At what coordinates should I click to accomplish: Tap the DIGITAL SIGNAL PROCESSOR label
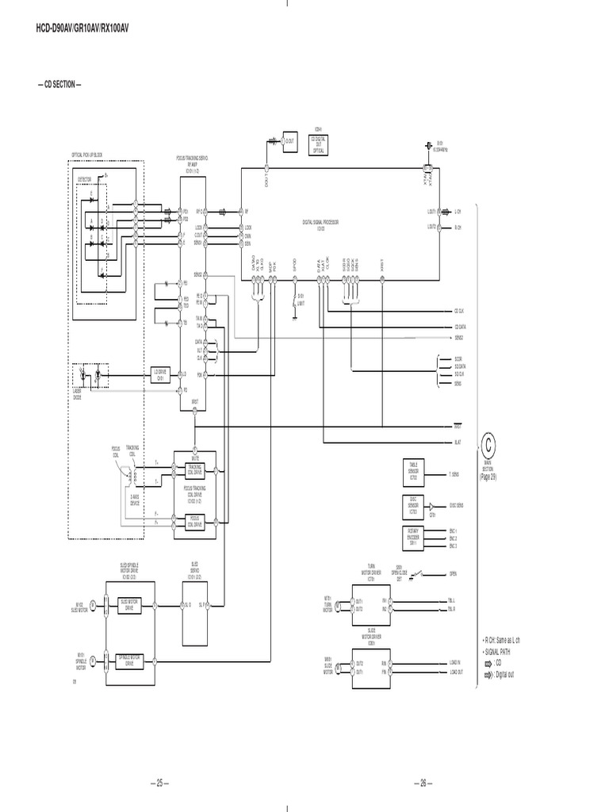tap(320, 224)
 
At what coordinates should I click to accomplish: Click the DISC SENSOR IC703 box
tap(413, 504)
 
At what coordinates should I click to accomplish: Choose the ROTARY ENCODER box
tap(413, 537)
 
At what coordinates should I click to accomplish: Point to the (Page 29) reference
tap(488, 477)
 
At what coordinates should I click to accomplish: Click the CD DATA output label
tap(461, 326)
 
